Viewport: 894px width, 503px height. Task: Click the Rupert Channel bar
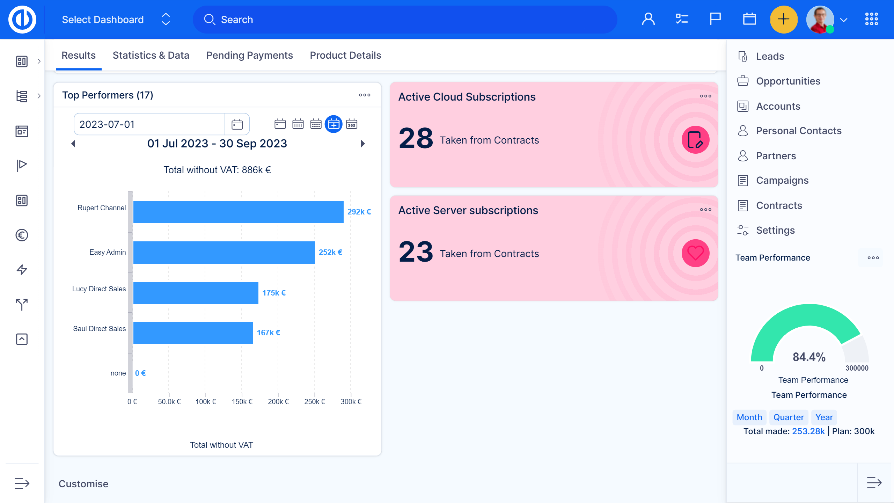click(x=238, y=212)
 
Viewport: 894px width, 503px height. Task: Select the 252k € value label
click(x=330, y=252)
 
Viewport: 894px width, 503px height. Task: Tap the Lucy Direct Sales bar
click(x=196, y=293)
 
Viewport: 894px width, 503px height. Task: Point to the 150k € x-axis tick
click(x=242, y=401)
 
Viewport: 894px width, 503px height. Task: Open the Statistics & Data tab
click(x=151, y=55)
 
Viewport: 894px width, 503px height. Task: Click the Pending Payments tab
click(x=249, y=55)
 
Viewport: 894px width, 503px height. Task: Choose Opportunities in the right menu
click(x=788, y=81)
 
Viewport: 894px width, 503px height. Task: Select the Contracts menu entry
click(x=779, y=205)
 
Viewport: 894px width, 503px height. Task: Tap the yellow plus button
click(x=783, y=20)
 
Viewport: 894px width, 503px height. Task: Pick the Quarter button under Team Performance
click(x=789, y=417)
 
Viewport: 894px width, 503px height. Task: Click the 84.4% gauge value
click(x=809, y=357)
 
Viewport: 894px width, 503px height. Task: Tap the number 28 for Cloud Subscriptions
click(x=416, y=138)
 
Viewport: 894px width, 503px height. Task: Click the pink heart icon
click(x=695, y=253)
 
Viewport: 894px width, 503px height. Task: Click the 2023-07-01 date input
click(x=149, y=124)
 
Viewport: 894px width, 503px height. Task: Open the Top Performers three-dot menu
click(x=365, y=95)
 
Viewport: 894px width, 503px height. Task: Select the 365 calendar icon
click(x=351, y=124)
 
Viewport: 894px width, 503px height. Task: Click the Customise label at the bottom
click(x=83, y=484)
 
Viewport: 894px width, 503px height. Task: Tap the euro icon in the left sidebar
click(x=22, y=235)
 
